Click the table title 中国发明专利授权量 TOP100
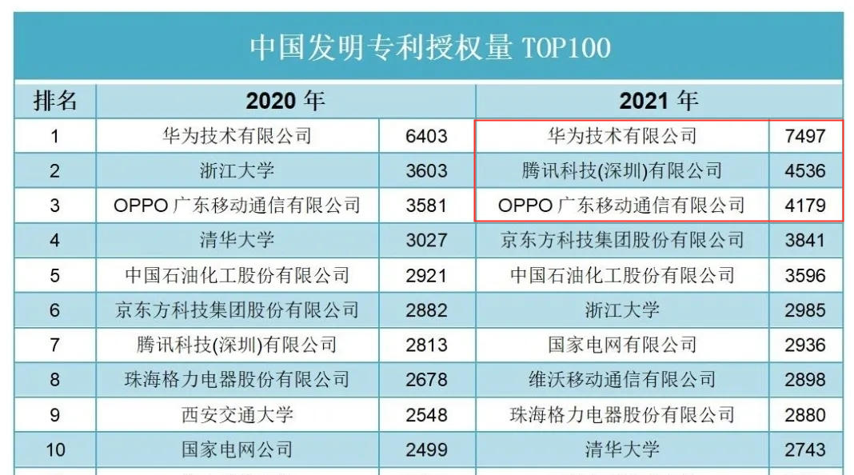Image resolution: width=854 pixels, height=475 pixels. (x=429, y=46)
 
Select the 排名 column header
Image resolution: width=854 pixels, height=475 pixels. (x=54, y=102)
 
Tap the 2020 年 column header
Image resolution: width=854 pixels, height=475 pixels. (x=285, y=102)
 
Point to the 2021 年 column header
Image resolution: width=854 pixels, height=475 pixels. (x=658, y=102)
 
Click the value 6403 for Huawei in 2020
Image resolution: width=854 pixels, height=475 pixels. (x=426, y=136)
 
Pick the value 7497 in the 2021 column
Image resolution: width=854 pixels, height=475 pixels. (x=804, y=136)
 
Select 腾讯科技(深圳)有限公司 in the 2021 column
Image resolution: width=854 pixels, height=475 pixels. (x=621, y=171)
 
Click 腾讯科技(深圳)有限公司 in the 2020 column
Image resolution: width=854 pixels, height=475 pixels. (x=237, y=345)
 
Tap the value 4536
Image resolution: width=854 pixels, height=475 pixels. (x=804, y=171)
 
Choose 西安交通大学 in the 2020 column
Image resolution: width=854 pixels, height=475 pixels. (x=237, y=415)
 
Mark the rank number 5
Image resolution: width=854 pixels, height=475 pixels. (x=54, y=276)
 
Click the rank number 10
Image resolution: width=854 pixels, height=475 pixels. (x=54, y=450)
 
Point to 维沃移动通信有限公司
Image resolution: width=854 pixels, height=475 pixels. (x=621, y=380)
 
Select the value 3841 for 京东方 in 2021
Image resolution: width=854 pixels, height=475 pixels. (x=804, y=241)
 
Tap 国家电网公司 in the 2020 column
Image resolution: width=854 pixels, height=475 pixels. (x=237, y=450)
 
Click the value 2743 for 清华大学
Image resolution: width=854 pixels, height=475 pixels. (x=804, y=450)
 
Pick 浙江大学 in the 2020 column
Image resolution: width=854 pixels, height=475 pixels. (x=237, y=171)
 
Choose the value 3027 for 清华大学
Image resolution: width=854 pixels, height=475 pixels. (x=426, y=241)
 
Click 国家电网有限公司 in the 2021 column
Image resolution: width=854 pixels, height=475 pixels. (x=621, y=345)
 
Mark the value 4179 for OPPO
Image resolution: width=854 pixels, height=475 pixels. (x=804, y=206)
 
